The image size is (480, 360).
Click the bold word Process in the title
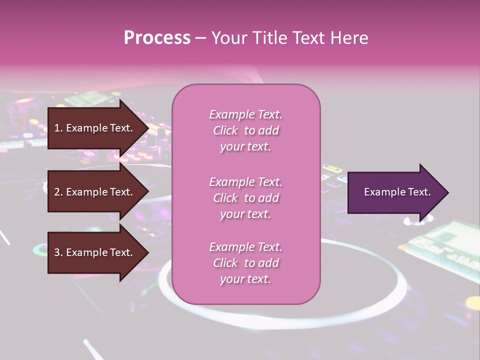pos(157,38)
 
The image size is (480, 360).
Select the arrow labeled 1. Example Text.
pos(95,128)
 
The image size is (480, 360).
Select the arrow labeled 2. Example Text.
pos(95,192)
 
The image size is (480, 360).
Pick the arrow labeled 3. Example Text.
pos(95,252)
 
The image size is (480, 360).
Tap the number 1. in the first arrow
pos(58,128)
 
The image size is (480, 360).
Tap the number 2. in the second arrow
pos(58,192)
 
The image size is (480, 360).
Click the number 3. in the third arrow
pos(58,252)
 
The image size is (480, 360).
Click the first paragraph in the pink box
pos(246,130)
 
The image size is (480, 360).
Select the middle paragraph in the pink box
pos(246,198)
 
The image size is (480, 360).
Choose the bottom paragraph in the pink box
pos(246,263)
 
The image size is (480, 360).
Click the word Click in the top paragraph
pos(225,130)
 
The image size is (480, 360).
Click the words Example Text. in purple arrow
pos(397,192)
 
